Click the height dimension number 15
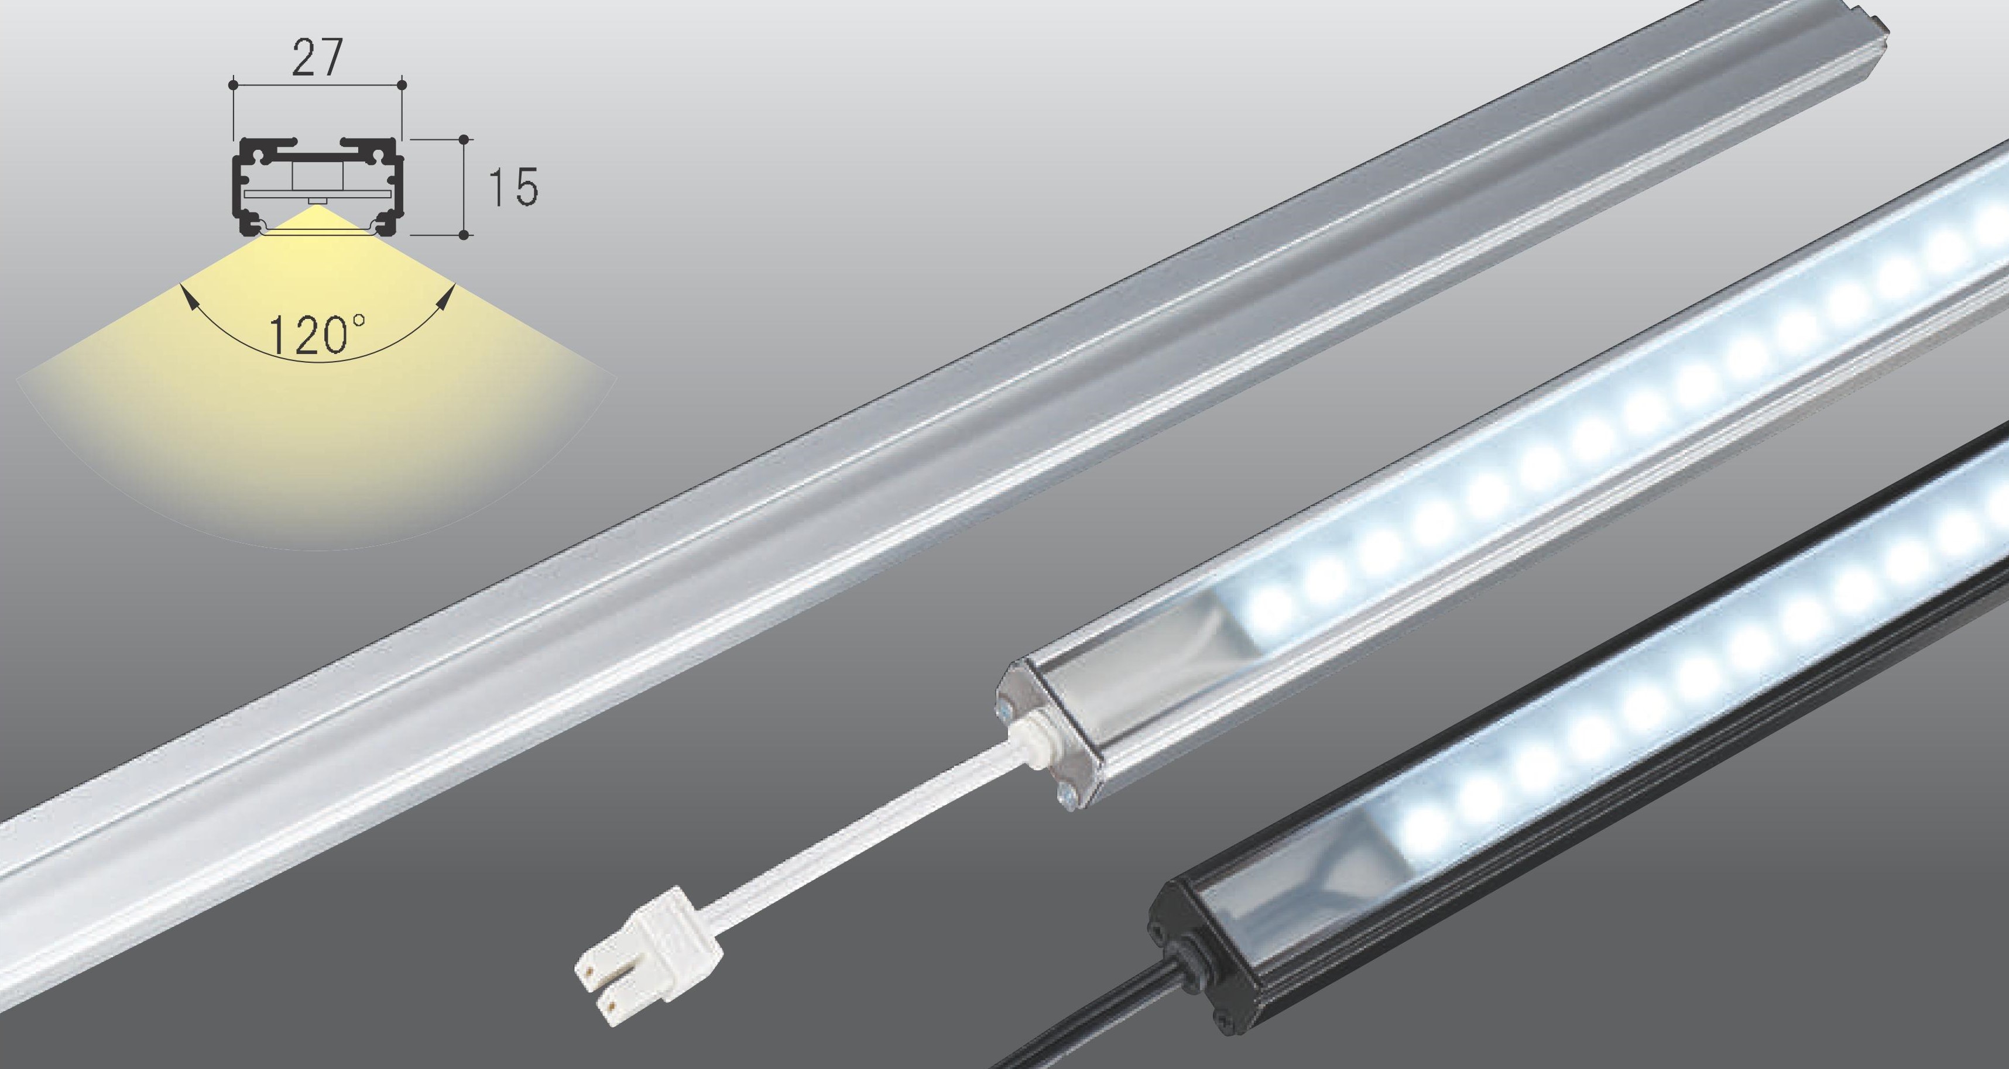512,187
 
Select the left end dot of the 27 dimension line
232,82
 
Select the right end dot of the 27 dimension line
402,82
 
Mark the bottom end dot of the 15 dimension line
464,233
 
